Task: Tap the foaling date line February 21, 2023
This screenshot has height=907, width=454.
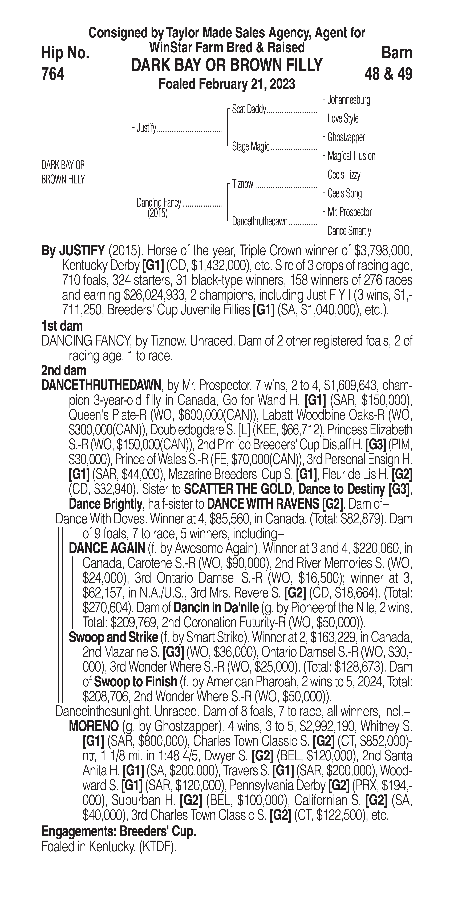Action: click(x=227, y=85)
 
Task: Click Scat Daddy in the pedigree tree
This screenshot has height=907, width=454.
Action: click(x=249, y=110)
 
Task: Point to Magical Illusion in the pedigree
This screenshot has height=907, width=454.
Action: click(x=351, y=156)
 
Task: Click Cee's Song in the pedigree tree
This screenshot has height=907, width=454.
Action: click(x=344, y=193)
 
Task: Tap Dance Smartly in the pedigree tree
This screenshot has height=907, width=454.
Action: click(x=349, y=231)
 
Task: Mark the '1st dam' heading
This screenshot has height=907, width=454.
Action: click(x=62, y=326)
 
